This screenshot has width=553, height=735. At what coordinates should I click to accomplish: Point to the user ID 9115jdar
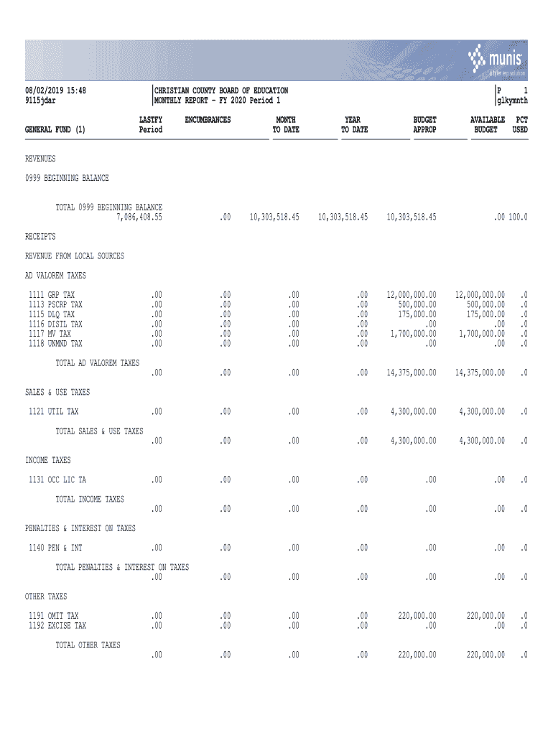click(41, 100)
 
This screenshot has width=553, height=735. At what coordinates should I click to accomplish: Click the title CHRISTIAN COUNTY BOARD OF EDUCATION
click(221, 90)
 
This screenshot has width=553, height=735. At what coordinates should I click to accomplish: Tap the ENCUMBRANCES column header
click(208, 120)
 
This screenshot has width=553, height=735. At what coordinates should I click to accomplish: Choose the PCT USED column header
click(520, 125)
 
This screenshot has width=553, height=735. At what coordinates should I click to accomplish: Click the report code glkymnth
click(512, 100)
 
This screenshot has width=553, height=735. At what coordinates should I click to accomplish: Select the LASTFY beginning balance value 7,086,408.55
click(139, 217)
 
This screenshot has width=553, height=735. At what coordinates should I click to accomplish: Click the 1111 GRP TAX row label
click(52, 295)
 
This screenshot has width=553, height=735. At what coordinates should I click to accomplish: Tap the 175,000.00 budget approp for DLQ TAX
click(416, 314)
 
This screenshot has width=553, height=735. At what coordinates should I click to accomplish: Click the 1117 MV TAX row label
click(50, 334)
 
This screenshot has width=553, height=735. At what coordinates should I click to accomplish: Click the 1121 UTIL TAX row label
click(54, 411)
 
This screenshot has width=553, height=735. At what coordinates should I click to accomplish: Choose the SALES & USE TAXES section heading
click(57, 392)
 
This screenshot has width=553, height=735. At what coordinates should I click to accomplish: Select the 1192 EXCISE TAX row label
click(57, 625)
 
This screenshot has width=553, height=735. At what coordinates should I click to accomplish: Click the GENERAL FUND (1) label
click(55, 130)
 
